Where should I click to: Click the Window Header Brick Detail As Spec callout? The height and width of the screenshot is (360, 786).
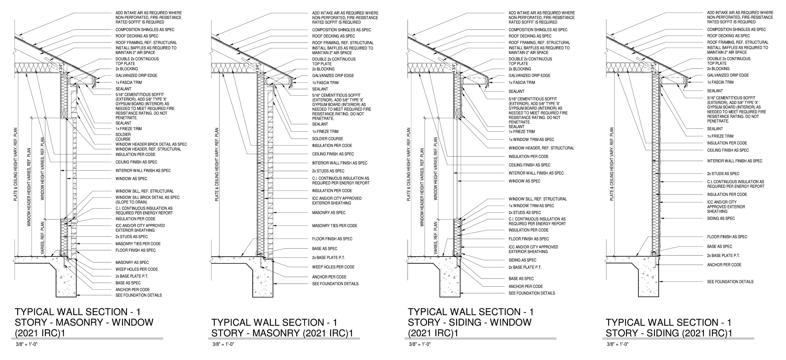click(x=151, y=144)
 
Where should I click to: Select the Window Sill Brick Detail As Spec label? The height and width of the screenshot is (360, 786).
click(x=147, y=197)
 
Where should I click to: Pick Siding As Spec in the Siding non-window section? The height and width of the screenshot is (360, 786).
click(x=721, y=218)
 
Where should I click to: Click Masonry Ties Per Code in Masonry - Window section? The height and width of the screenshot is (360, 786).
click(x=138, y=244)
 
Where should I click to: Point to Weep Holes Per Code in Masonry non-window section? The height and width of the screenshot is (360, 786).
click(x=333, y=267)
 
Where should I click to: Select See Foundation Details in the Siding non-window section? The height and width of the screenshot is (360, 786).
click(x=730, y=282)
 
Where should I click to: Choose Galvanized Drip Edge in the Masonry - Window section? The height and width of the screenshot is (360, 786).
click(x=136, y=75)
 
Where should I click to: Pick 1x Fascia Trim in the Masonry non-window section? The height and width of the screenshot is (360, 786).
click(x=325, y=83)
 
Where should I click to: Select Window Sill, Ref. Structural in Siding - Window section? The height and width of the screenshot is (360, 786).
click(x=537, y=199)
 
